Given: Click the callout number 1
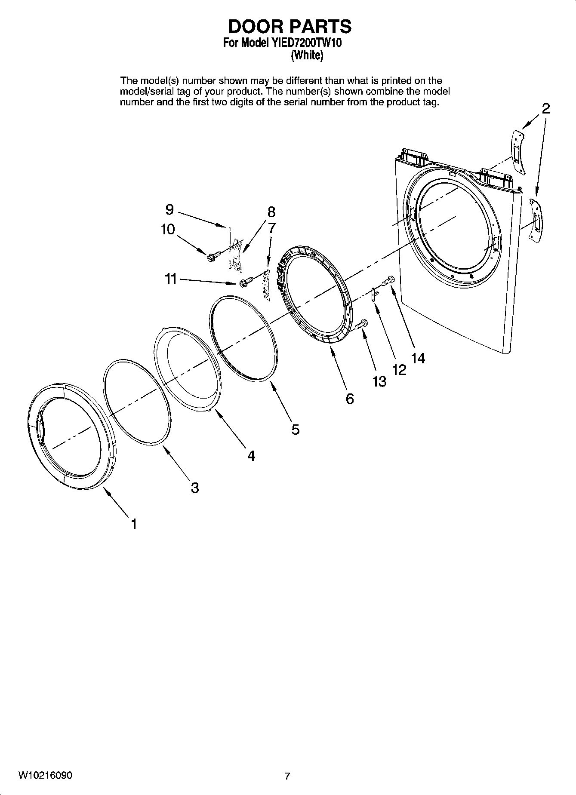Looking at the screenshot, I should [x=134, y=524].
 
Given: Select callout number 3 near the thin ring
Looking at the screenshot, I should [x=195, y=488].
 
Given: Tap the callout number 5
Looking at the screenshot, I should [x=296, y=429].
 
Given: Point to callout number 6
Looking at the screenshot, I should [x=350, y=399].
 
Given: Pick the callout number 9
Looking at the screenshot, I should [x=169, y=209].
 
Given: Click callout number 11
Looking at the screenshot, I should [x=171, y=279].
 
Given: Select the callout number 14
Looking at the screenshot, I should [x=418, y=358].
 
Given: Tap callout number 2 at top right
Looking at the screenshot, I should [x=545, y=108].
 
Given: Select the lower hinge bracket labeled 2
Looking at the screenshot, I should [x=535, y=220].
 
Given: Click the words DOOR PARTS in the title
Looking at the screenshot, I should [x=290, y=27].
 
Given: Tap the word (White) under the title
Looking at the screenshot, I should [x=307, y=55].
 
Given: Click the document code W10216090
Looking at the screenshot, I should [x=45, y=775].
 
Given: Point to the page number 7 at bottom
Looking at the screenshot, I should [x=287, y=776].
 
